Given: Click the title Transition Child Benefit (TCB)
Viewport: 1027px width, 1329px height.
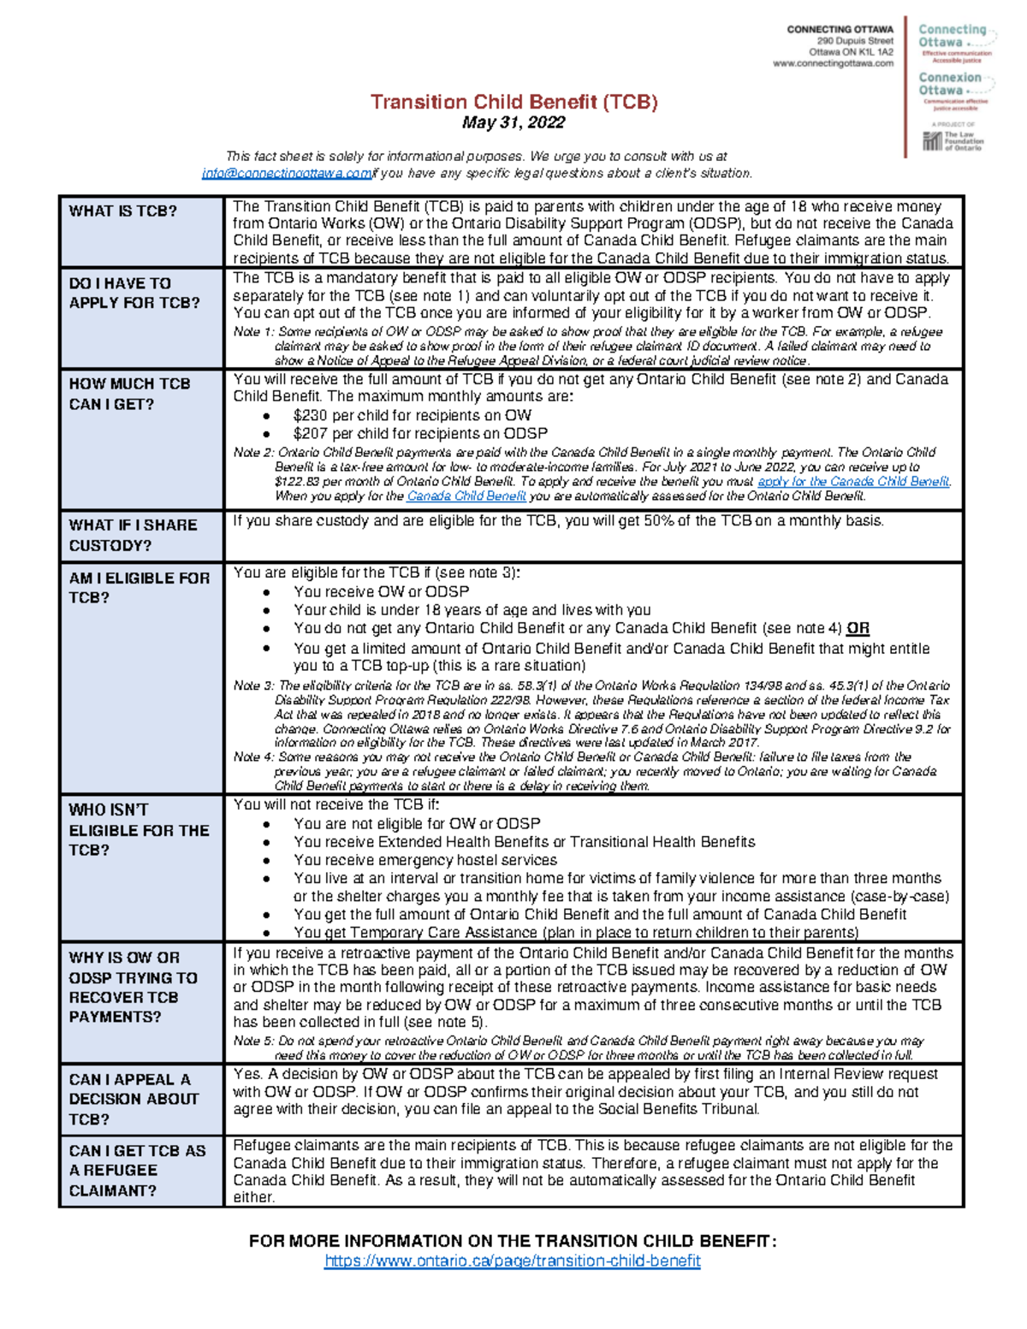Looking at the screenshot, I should (x=513, y=102).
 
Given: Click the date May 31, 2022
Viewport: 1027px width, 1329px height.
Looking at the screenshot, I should (x=513, y=123).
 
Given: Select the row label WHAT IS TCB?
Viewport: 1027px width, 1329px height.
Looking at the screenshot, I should (x=123, y=211).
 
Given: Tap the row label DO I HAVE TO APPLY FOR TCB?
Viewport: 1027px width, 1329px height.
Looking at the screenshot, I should (x=134, y=293).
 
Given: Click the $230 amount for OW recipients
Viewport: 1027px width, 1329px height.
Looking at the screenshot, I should (x=311, y=415).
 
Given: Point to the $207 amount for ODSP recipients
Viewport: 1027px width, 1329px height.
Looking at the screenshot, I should (x=311, y=434).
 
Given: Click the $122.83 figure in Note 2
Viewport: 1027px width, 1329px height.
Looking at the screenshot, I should (x=294, y=482).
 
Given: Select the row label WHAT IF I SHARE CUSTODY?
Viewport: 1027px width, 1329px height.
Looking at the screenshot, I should (x=133, y=535).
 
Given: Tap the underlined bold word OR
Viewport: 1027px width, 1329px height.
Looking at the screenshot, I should (x=858, y=629).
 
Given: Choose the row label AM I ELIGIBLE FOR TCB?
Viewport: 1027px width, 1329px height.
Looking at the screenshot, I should (x=139, y=588).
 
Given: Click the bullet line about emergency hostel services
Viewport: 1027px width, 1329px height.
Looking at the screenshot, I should (x=425, y=860).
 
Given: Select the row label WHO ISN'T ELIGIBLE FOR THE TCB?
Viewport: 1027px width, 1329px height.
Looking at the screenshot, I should (x=139, y=829).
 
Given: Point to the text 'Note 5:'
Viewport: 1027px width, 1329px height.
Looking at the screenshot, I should (x=253, y=1041).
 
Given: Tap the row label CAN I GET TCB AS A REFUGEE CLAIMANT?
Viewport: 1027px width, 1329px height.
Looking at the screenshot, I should (x=137, y=1170).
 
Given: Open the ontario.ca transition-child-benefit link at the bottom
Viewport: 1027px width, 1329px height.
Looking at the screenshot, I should (x=512, y=1261).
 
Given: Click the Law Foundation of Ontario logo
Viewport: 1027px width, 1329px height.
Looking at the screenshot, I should (x=953, y=140).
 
